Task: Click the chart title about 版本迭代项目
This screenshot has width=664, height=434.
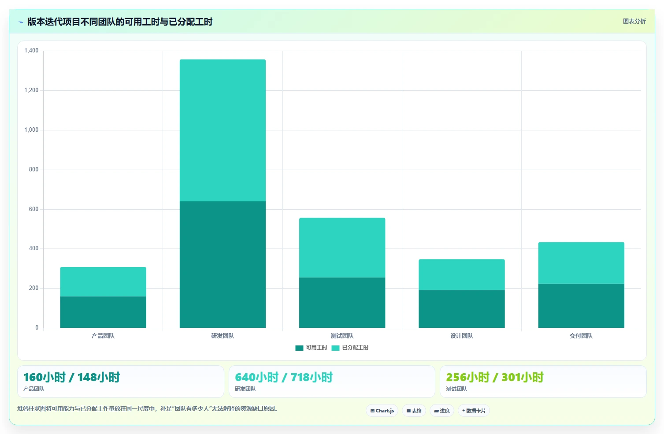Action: (120, 22)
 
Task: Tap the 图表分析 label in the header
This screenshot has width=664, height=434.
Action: (634, 21)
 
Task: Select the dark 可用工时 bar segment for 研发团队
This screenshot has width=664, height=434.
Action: (223, 264)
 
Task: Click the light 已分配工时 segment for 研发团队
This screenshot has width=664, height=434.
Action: (223, 130)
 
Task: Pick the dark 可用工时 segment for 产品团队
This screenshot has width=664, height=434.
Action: (103, 312)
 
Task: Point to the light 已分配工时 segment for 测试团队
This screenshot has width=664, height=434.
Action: (342, 248)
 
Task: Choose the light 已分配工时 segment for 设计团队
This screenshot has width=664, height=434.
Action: (461, 274)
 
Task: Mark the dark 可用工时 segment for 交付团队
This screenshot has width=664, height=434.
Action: (581, 306)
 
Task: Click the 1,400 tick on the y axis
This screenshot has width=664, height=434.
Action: (31, 50)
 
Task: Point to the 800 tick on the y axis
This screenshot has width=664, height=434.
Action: (34, 169)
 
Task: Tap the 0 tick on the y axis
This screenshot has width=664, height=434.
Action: (37, 327)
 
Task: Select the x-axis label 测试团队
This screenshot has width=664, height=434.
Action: (342, 336)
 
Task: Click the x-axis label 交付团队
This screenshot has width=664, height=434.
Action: (581, 336)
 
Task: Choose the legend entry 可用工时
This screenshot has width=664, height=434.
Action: (311, 348)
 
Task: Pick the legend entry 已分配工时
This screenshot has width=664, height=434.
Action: (350, 348)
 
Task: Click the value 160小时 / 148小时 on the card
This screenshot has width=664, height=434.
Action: (71, 377)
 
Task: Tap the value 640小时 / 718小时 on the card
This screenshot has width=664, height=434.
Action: (284, 377)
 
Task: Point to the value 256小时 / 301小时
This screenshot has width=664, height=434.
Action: (495, 377)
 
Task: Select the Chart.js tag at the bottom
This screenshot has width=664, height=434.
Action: (382, 411)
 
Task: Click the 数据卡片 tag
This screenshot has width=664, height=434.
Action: (474, 411)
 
